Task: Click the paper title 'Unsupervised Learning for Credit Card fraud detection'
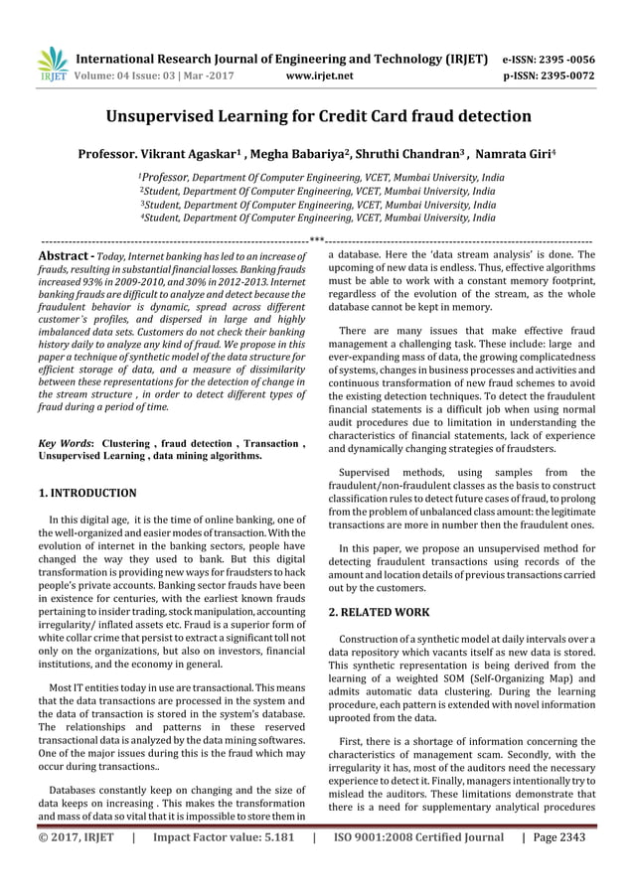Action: (x=318, y=116)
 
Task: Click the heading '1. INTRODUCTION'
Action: (x=87, y=493)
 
